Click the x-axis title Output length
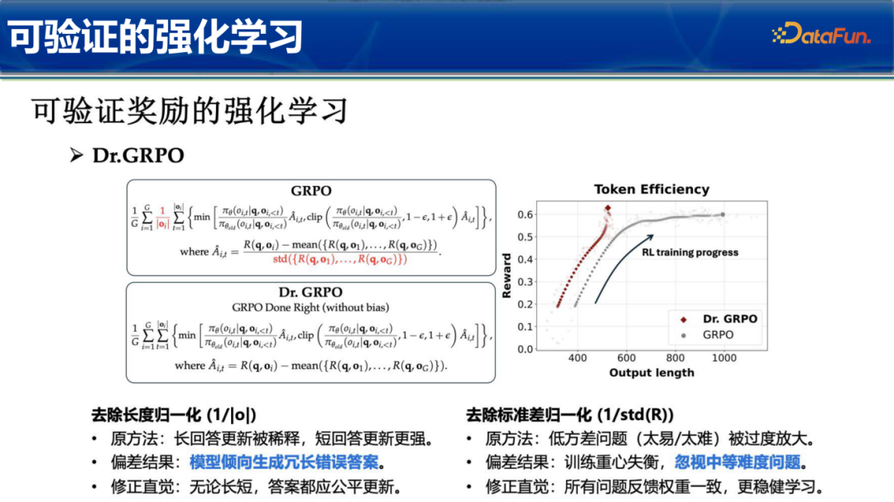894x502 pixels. click(x=651, y=373)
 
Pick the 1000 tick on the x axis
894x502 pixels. click(x=725, y=358)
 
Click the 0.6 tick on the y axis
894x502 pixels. click(x=525, y=215)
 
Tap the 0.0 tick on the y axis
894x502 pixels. click(x=525, y=349)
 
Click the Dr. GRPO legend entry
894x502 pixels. click(x=718, y=318)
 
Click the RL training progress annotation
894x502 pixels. click(x=690, y=252)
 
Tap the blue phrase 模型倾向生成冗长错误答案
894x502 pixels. click(x=289, y=461)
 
